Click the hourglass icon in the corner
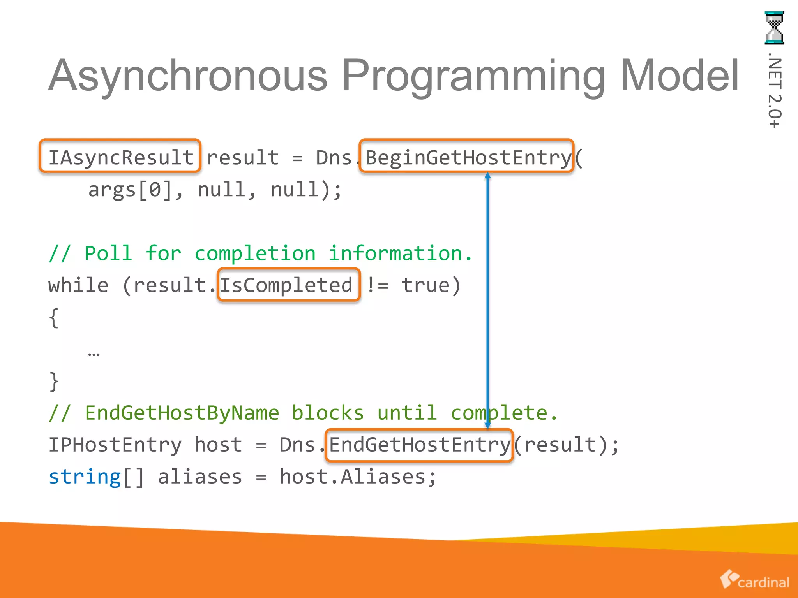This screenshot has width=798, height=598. (774, 28)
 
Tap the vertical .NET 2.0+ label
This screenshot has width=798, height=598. (774, 93)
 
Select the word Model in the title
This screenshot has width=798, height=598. (680, 76)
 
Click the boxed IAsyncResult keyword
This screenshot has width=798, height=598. (120, 157)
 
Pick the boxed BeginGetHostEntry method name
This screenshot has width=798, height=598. (466, 157)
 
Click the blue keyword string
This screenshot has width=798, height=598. (85, 477)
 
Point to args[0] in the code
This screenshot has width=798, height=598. (131, 190)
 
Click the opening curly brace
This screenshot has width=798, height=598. (54, 318)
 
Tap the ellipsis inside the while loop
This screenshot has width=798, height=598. (94, 354)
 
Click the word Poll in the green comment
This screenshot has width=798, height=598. (108, 253)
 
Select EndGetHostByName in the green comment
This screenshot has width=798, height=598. (182, 413)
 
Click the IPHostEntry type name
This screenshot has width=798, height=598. (115, 445)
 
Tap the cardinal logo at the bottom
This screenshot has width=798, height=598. (754, 580)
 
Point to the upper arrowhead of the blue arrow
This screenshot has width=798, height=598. (487, 176)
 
